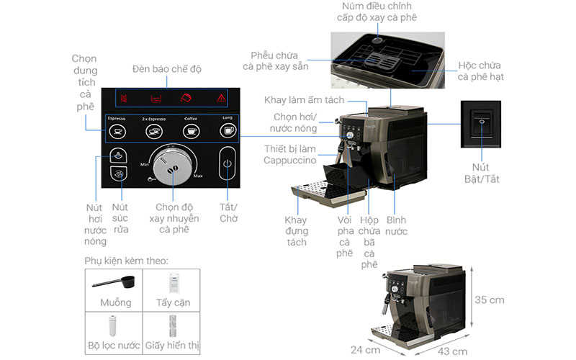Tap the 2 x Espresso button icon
click(153, 131)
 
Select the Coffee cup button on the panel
click(191, 131)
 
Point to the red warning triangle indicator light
click(221, 99)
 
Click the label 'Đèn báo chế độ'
click(167, 69)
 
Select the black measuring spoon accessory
click(113, 282)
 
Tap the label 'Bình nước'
click(396, 225)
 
